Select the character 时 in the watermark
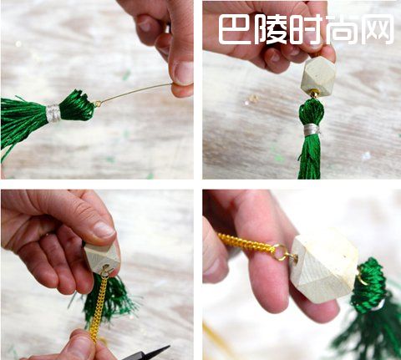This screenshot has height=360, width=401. click(x=307, y=29)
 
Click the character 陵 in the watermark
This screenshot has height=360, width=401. click(x=271, y=29)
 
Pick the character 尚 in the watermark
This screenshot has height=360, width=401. click(x=342, y=29)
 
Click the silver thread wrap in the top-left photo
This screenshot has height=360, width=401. click(x=53, y=113)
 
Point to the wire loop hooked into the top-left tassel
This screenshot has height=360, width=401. click(x=98, y=104)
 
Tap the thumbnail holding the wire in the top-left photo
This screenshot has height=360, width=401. click(x=183, y=73)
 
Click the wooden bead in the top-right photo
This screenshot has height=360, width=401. click(x=318, y=74)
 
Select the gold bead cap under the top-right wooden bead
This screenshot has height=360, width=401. click(x=314, y=94)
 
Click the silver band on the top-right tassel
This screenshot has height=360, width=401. click(x=311, y=129)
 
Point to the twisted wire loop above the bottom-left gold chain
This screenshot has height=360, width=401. click(x=106, y=270)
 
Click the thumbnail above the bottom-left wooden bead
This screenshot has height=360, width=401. click(x=104, y=229)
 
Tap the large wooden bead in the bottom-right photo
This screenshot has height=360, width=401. click(x=324, y=265)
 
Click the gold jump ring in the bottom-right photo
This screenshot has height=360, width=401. click(x=281, y=252)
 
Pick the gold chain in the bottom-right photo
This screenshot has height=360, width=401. click(x=245, y=243)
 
